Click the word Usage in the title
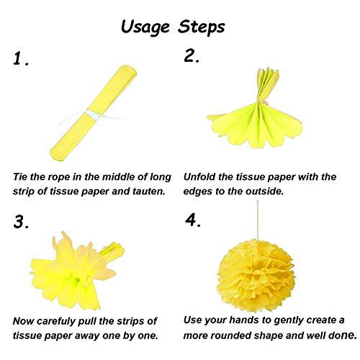(145, 27)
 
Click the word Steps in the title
(201, 27)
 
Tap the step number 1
(21, 59)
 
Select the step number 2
(192, 56)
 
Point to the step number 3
(21, 222)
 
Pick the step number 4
(193, 220)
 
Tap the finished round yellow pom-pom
(256, 275)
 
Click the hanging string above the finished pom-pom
(258, 220)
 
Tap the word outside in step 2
(264, 192)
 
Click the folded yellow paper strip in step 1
(94, 113)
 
